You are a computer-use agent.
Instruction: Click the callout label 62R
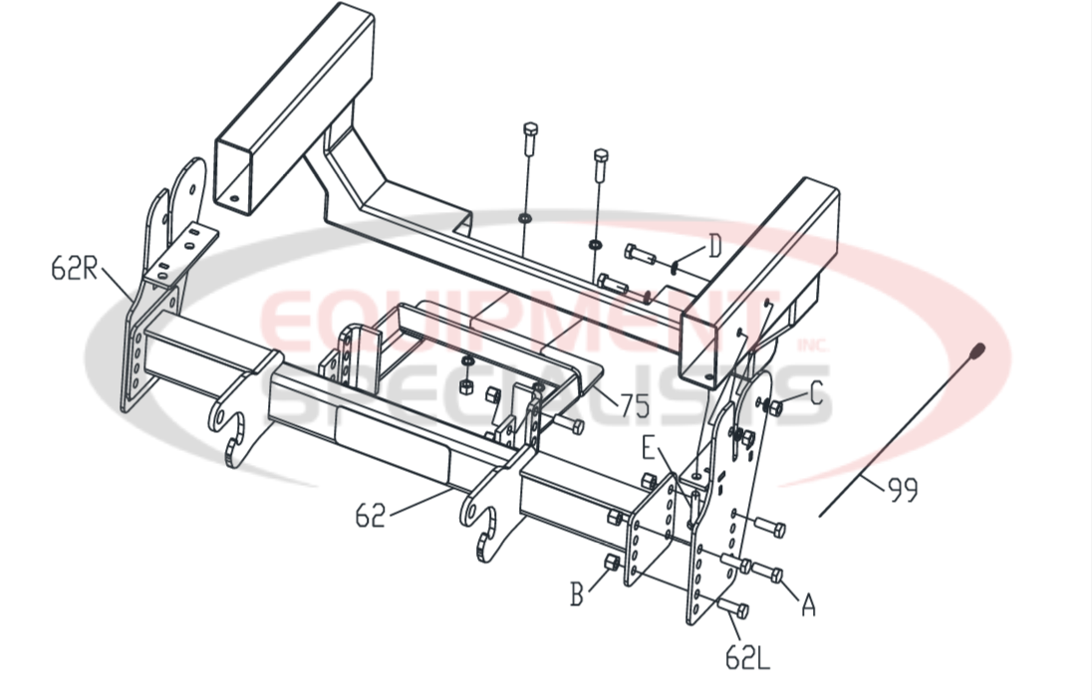(x=75, y=269)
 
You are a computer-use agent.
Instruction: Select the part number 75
(x=635, y=405)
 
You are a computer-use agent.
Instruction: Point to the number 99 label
(x=902, y=489)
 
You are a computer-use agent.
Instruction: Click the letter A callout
(x=808, y=603)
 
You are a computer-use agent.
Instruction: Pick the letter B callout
(x=577, y=594)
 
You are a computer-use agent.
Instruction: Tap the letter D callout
(x=713, y=246)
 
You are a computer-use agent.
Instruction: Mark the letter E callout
(x=649, y=448)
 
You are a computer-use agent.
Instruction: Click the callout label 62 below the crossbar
(x=370, y=516)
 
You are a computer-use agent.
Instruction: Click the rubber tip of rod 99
(x=978, y=350)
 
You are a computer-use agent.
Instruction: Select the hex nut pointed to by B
(x=613, y=565)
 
